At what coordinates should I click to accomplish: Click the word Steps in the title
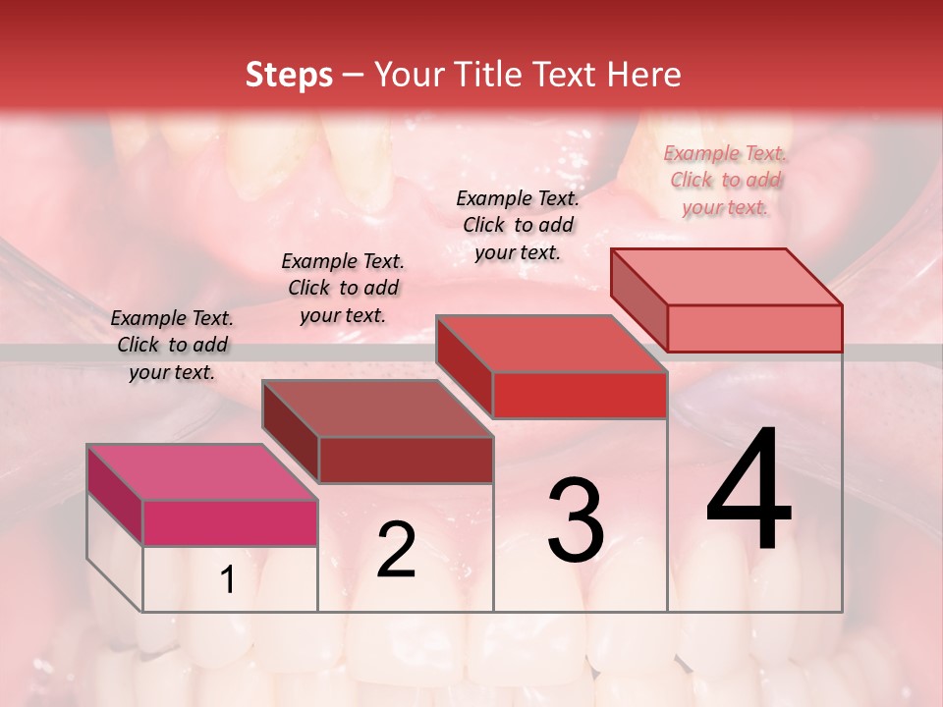pyautogui.click(x=289, y=75)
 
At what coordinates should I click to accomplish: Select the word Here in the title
pyautogui.click(x=644, y=75)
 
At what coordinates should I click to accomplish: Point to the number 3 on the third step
pyautogui.click(x=575, y=519)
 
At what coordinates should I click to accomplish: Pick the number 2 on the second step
pyautogui.click(x=396, y=550)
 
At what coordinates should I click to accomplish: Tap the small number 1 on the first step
pyautogui.click(x=228, y=580)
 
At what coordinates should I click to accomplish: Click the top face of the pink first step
pyautogui.click(x=201, y=472)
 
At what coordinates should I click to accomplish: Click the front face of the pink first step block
pyautogui.click(x=230, y=522)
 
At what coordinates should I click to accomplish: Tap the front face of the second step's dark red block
pyautogui.click(x=406, y=460)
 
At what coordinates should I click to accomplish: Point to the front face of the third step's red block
pyautogui.click(x=580, y=395)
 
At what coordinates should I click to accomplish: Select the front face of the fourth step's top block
pyautogui.click(x=754, y=328)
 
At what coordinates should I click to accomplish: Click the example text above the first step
pyautogui.click(x=172, y=345)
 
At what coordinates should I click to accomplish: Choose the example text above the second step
pyautogui.click(x=343, y=288)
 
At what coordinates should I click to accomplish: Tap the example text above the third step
pyautogui.click(x=518, y=225)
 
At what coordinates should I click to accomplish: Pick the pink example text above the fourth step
pyautogui.click(x=725, y=180)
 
